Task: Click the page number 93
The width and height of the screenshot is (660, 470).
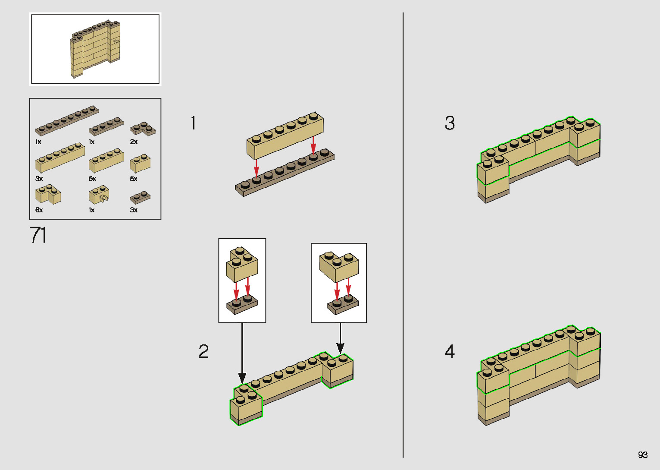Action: point(642,455)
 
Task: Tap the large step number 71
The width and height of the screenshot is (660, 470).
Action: point(38,235)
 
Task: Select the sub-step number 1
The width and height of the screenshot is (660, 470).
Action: point(194,123)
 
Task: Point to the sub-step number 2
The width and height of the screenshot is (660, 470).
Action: point(203,351)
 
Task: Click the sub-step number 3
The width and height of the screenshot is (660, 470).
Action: point(450,123)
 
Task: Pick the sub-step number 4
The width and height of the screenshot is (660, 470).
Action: point(450,351)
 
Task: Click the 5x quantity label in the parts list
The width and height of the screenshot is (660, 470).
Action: point(134,179)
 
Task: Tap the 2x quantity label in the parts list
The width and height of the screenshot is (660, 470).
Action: point(134,142)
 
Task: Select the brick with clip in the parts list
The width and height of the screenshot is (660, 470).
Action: point(99,195)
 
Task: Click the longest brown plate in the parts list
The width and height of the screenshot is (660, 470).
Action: point(67,120)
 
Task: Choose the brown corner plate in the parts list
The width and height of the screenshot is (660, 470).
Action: point(143,129)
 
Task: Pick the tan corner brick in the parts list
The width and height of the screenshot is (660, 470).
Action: point(48,195)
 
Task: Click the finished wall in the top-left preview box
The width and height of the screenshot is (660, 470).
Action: point(95,48)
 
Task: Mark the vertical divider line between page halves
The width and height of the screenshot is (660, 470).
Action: point(403,235)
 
